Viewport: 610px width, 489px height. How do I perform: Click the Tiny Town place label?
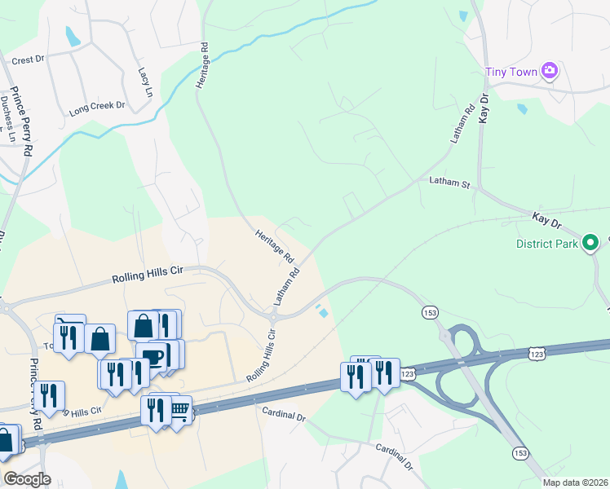(x=511, y=72)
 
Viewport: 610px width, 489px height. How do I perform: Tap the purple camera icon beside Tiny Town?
(x=550, y=71)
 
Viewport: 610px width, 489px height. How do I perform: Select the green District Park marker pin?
(x=593, y=243)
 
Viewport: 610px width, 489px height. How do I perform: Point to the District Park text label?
(x=547, y=244)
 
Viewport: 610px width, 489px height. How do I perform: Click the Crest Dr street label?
(x=28, y=60)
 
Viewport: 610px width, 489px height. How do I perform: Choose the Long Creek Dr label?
(x=97, y=106)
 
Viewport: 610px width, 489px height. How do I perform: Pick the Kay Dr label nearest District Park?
(x=547, y=219)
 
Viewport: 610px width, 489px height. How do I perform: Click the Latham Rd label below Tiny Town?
(x=463, y=123)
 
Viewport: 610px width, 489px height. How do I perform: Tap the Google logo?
(x=27, y=479)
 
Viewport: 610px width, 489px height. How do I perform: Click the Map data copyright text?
(x=575, y=482)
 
